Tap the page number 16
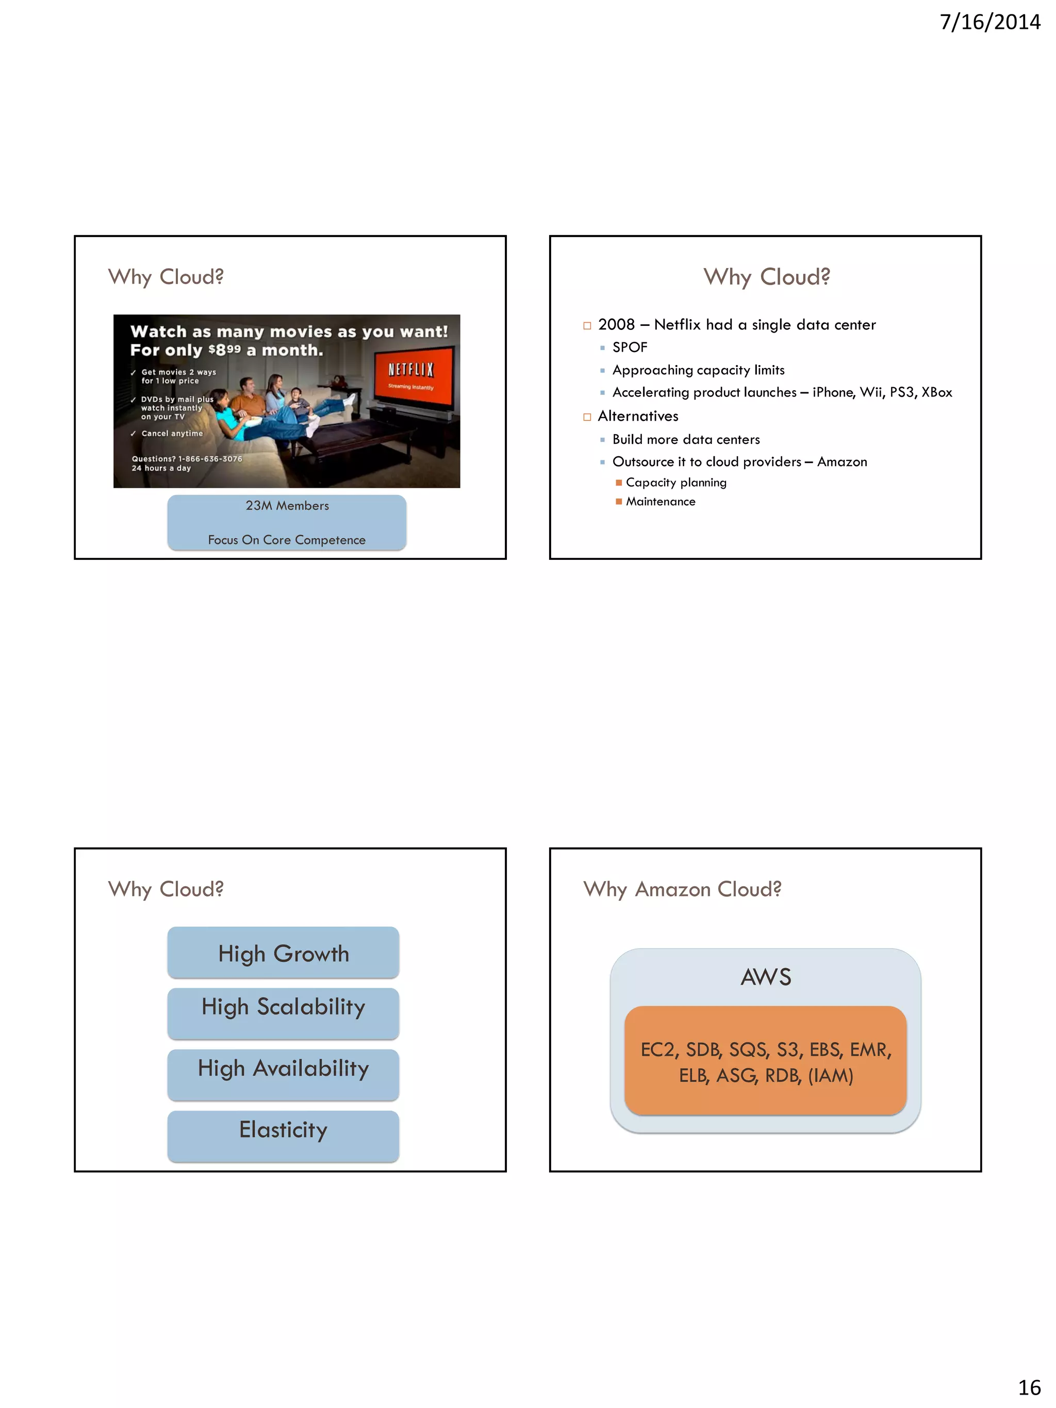coord(1029,1386)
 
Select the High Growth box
coord(283,953)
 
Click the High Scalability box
coord(283,1007)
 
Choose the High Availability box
coord(283,1068)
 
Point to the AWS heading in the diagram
coord(766,977)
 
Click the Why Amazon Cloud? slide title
coord(682,889)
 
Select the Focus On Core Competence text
coord(287,540)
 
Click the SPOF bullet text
coord(630,347)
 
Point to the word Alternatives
coord(638,416)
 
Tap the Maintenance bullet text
coord(660,502)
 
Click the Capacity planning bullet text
coord(676,483)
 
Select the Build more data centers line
coord(686,440)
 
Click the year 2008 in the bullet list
coord(616,325)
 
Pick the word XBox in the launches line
coord(936,393)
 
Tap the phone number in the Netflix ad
coord(210,459)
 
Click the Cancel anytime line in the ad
coord(172,434)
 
